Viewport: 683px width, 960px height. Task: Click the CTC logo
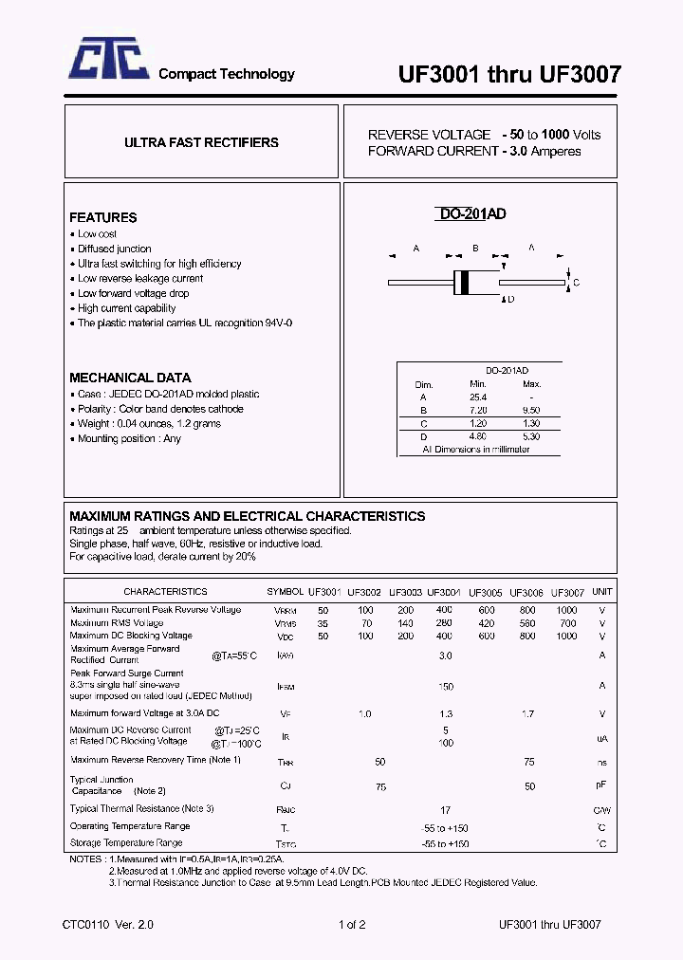(106, 60)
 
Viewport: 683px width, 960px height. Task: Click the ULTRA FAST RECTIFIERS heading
(201, 142)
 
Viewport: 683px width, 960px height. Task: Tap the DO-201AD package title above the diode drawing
(471, 214)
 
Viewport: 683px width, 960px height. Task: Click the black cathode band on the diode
(462, 282)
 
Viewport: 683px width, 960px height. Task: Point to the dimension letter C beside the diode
(576, 283)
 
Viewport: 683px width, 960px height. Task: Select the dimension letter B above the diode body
(474, 249)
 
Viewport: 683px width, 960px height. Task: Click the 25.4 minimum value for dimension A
(477, 397)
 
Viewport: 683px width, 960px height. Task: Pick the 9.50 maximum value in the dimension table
(531, 410)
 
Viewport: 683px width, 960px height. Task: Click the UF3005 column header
(485, 591)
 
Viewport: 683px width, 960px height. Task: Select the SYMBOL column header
(285, 591)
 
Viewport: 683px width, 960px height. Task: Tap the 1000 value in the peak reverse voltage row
(566, 610)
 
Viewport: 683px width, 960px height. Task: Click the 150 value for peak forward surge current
(445, 686)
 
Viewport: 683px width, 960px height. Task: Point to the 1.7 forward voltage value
(528, 712)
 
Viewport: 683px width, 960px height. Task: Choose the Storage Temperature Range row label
(126, 842)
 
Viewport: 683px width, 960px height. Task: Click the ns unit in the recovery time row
(601, 762)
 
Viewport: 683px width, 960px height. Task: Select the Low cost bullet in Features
(97, 233)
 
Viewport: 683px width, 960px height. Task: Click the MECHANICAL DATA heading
(130, 377)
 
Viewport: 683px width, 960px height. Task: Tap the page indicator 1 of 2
(351, 925)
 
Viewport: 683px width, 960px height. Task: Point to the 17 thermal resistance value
(445, 809)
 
